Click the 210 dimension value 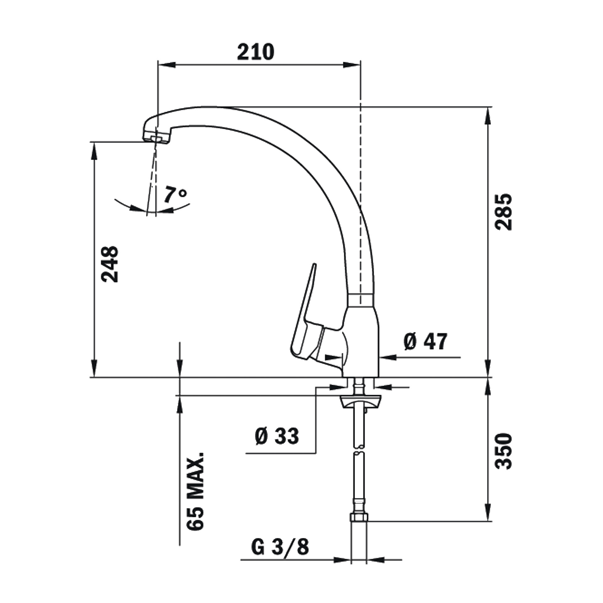255,52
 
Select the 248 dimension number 110,264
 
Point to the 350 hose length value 503,451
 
